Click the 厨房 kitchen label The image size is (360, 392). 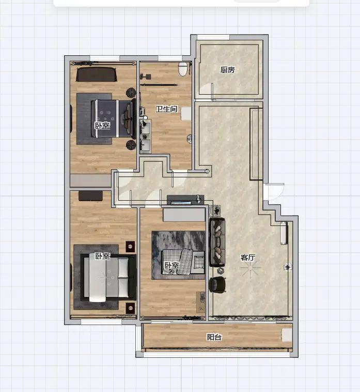coord(227,69)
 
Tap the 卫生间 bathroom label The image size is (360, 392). coord(166,109)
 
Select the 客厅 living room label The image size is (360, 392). coord(248,257)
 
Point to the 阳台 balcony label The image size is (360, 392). coord(214,337)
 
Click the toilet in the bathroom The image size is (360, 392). coord(183,69)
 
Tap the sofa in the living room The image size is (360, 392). coord(217,242)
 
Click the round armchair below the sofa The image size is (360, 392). coord(217,284)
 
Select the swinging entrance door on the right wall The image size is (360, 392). coord(274,191)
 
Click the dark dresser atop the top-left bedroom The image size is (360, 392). coord(97,74)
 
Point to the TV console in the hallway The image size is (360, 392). coord(185,200)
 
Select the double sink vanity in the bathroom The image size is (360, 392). coord(146,135)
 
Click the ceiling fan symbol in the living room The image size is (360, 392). coord(250,268)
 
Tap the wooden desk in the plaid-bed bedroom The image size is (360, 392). coord(201,301)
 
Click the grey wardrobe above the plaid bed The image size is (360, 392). coord(184,215)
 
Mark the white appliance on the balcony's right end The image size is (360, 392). coord(287,335)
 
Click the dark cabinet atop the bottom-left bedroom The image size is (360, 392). coord(90,196)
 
